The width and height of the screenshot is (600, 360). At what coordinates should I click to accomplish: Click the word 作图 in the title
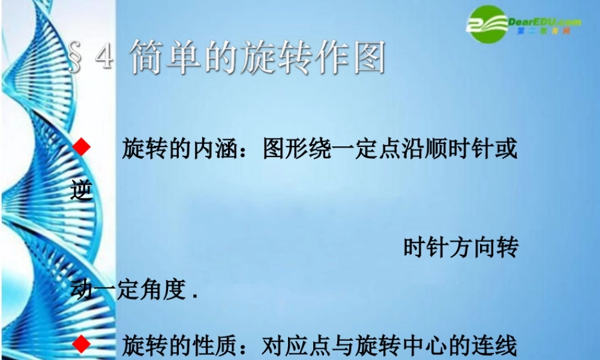353,58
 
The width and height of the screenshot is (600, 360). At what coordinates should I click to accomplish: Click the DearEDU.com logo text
544,22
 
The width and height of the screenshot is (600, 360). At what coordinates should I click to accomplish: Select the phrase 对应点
297,346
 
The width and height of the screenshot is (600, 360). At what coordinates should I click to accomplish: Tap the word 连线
495,346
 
